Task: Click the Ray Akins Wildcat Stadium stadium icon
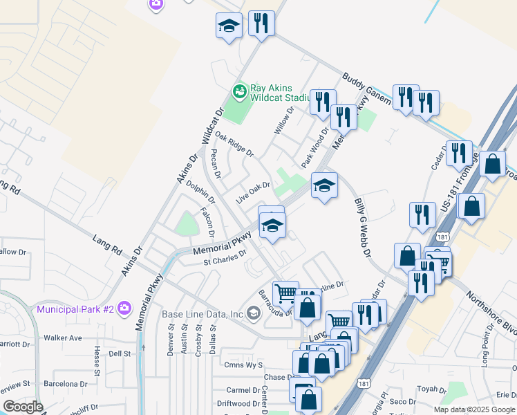240,91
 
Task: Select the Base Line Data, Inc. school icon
253,314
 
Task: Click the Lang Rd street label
107,246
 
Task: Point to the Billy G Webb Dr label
363,227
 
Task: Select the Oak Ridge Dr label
234,144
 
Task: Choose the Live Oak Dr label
252,192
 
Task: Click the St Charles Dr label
225,258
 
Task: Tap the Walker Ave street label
62,338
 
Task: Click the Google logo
23,407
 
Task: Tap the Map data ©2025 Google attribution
474,409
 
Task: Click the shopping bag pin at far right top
492,165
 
